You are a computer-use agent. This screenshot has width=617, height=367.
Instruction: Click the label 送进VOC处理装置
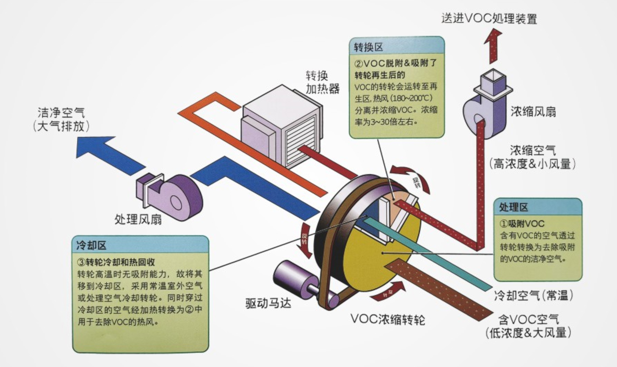pyautogui.click(x=489, y=18)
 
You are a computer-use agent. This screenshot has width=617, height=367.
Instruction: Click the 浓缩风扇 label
pyautogui.click(x=533, y=112)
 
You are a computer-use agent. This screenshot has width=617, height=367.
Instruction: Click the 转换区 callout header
pyautogui.click(x=369, y=47)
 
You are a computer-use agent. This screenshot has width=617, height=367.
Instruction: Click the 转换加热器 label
pyautogui.click(x=322, y=82)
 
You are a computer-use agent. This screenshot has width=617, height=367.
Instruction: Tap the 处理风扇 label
pyautogui.click(x=138, y=219)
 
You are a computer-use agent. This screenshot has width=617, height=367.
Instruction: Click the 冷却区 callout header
pyautogui.click(x=91, y=245)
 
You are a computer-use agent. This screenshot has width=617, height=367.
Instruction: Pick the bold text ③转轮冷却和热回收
pyautogui.click(x=116, y=262)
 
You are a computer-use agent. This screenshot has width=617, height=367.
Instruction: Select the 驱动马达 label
pyautogui.click(x=268, y=303)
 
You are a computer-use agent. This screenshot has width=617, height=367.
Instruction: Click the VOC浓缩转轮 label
pyautogui.click(x=387, y=319)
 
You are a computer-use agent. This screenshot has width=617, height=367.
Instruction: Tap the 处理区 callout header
pyautogui.click(x=513, y=207)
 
